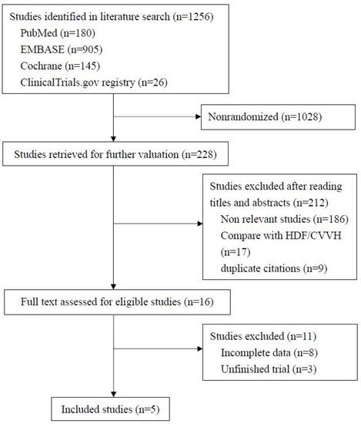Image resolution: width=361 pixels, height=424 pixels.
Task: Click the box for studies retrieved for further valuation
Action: point(115,154)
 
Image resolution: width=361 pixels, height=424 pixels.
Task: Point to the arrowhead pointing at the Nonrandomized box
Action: point(196,119)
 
